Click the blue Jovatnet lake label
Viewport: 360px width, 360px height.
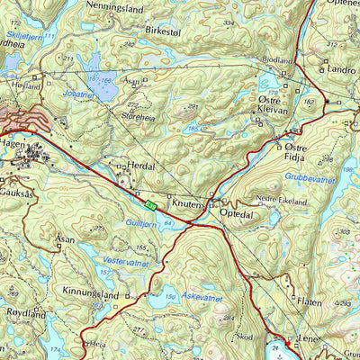pos(80,94)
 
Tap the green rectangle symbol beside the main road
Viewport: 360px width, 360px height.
pos(150,205)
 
